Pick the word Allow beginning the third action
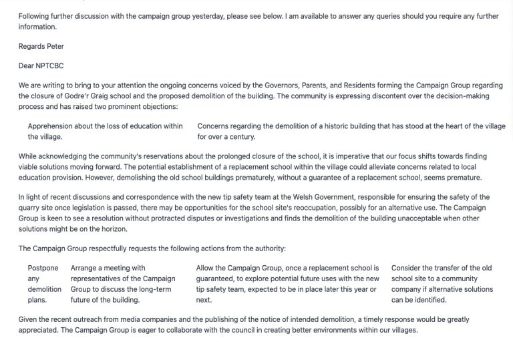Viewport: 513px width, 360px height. pyautogui.click(x=208, y=268)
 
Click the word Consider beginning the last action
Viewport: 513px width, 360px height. pyautogui.click(x=407, y=268)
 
